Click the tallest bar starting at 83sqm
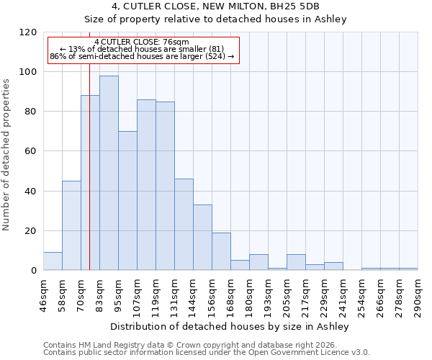[109, 173]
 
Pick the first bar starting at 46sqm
[53, 261]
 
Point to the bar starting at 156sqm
[221, 251]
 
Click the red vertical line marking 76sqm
[89, 180]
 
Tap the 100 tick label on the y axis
[27, 72]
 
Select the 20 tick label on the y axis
[30, 231]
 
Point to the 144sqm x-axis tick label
[194, 295]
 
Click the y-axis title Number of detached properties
[6, 155]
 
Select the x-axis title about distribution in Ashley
[230, 326]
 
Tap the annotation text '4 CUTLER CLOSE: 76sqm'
[141, 42]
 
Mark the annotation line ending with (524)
[142, 56]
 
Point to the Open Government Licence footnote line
[207, 353]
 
